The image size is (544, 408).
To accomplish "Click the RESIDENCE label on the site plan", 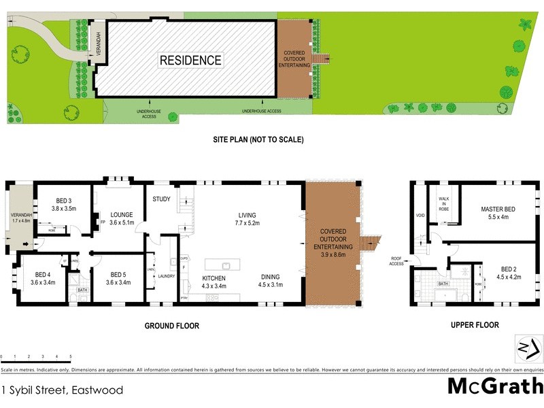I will (190, 60).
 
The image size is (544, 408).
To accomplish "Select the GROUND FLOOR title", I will (171, 326).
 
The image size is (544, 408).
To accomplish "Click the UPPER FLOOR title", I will (475, 325).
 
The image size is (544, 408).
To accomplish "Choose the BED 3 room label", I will (64, 201).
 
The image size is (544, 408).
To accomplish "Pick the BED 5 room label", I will (118, 274).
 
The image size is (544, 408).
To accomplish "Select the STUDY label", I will (161, 199).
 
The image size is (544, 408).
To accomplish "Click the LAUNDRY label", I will (167, 276).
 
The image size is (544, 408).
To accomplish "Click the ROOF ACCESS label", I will (396, 260).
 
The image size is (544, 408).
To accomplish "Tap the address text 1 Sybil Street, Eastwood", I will (63, 390).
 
